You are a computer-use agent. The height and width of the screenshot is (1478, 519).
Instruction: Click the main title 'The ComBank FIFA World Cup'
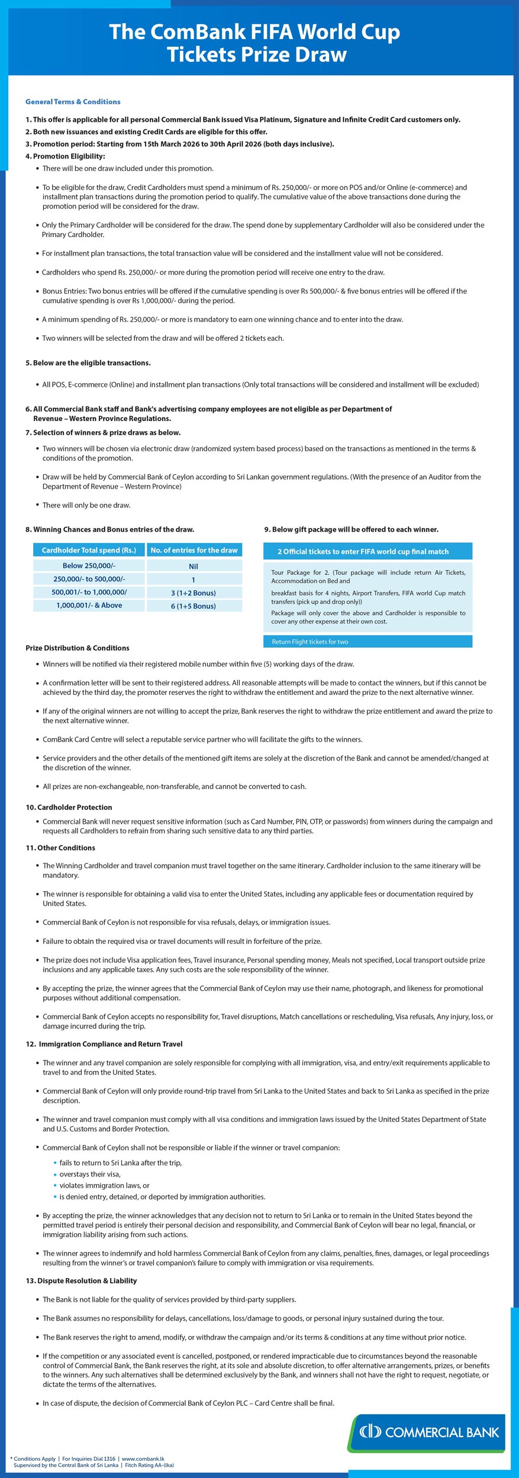point(254,31)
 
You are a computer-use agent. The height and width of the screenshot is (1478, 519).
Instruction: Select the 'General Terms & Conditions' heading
point(73,102)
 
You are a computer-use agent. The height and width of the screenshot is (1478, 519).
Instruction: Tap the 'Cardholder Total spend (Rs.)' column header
point(89,550)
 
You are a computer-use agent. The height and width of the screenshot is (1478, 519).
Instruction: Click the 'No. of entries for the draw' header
point(194,550)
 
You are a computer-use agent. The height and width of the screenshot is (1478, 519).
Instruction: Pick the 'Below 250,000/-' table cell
point(89,565)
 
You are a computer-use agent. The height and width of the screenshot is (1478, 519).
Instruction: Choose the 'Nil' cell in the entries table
point(194,566)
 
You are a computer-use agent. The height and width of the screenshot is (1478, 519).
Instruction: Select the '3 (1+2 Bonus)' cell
point(194,593)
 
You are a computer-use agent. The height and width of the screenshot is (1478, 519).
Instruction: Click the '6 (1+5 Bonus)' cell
point(194,606)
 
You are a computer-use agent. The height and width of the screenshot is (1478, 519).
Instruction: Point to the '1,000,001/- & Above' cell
point(89,605)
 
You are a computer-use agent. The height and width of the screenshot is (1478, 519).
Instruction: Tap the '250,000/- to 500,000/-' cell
point(89,579)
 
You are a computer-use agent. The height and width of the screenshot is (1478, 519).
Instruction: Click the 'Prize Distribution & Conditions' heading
point(77,648)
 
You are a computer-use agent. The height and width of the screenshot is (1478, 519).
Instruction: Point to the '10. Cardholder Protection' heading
point(69,807)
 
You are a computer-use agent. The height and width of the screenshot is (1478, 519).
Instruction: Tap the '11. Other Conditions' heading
point(60,848)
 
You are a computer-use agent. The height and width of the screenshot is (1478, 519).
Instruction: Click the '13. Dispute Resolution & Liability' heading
point(81,1280)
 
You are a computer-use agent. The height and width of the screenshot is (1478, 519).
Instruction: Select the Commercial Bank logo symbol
point(370,1431)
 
